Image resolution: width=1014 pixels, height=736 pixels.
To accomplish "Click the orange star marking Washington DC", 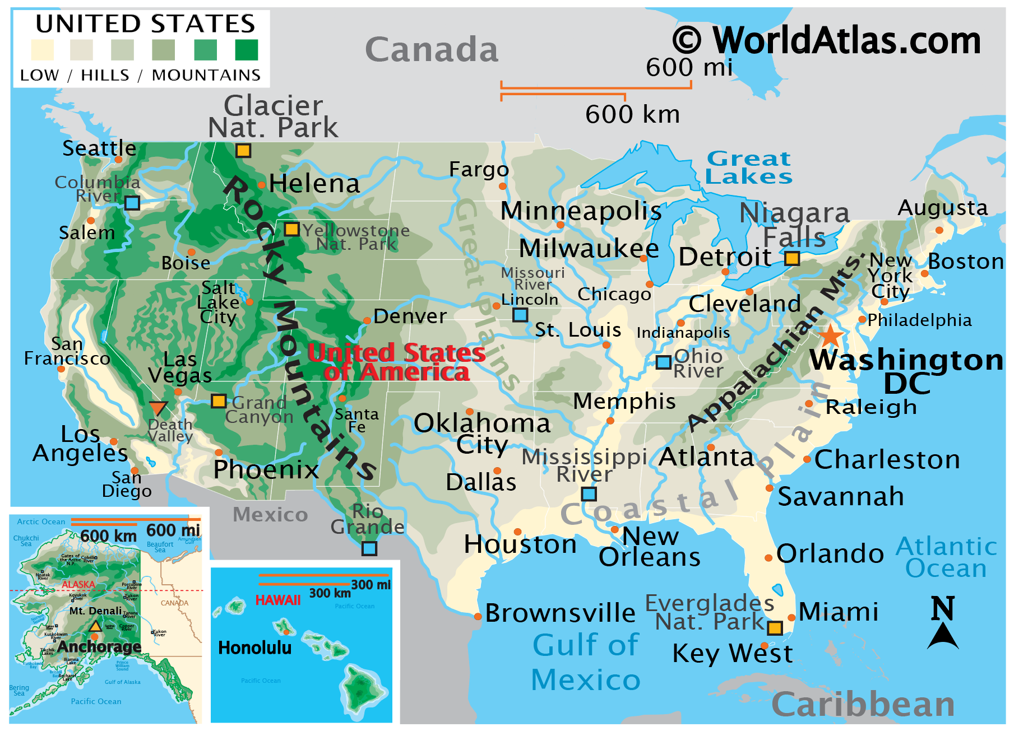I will pyautogui.click(x=830, y=336).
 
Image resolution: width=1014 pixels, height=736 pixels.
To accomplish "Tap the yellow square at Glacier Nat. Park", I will pyautogui.click(x=243, y=151).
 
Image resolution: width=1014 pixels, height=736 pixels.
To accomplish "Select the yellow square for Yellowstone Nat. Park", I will pyautogui.click(x=291, y=229).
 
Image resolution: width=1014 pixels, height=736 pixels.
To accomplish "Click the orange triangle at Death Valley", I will pyautogui.click(x=158, y=408).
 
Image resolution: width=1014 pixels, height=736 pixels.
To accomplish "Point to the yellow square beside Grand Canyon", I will pyautogui.click(x=219, y=401).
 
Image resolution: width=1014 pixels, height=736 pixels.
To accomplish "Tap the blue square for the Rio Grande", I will pyautogui.click(x=369, y=548).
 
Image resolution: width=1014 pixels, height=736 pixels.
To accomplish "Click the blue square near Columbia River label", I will pyautogui.click(x=132, y=203).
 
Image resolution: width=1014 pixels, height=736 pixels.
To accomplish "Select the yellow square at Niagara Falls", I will pyautogui.click(x=791, y=258).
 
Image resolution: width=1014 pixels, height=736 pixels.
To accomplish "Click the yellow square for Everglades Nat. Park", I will pyautogui.click(x=775, y=628).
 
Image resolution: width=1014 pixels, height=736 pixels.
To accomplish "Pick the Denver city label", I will pyautogui.click(x=410, y=316).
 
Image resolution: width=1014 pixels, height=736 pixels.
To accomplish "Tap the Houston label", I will pyautogui.click(x=520, y=544).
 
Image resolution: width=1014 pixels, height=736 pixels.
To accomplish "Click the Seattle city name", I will pyautogui.click(x=99, y=148).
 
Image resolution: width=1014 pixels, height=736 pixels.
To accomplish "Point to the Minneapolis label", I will pyautogui.click(x=581, y=211).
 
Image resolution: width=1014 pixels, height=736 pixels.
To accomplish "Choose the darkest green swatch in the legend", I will pyautogui.click(x=247, y=50).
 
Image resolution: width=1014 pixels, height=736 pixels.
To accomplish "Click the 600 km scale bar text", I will pyautogui.click(x=632, y=115).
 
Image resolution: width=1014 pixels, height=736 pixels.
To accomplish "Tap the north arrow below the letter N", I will pyautogui.click(x=943, y=637).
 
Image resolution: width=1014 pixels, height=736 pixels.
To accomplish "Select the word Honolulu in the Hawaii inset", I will pyautogui.click(x=254, y=648).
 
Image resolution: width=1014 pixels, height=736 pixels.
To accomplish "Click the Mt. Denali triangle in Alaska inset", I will pyautogui.click(x=95, y=626).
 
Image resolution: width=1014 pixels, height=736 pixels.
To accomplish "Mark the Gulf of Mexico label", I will pyautogui.click(x=586, y=662).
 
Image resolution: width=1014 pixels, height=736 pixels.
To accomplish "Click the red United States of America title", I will pyautogui.click(x=396, y=362).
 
